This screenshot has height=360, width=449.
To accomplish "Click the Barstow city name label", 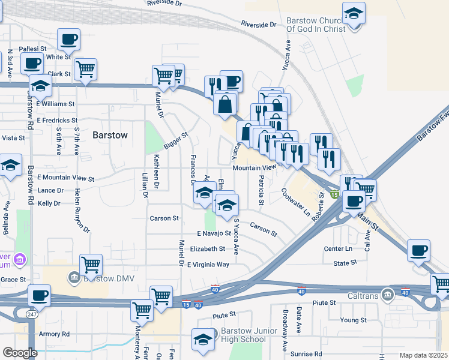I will click(x=110, y=136).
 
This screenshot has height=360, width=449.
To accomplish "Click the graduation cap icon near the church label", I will click(x=354, y=13).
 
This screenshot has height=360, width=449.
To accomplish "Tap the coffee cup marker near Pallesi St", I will click(x=68, y=40).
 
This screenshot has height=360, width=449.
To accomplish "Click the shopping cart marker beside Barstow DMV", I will click(x=91, y=264).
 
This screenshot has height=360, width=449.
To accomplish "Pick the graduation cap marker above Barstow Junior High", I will click(x=203, y=339).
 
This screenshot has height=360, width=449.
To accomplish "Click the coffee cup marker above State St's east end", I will click(x=418, y=250).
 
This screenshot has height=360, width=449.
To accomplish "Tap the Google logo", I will click(x=20, y=353).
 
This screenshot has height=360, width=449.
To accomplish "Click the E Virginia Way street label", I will click(x=208, y=265).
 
